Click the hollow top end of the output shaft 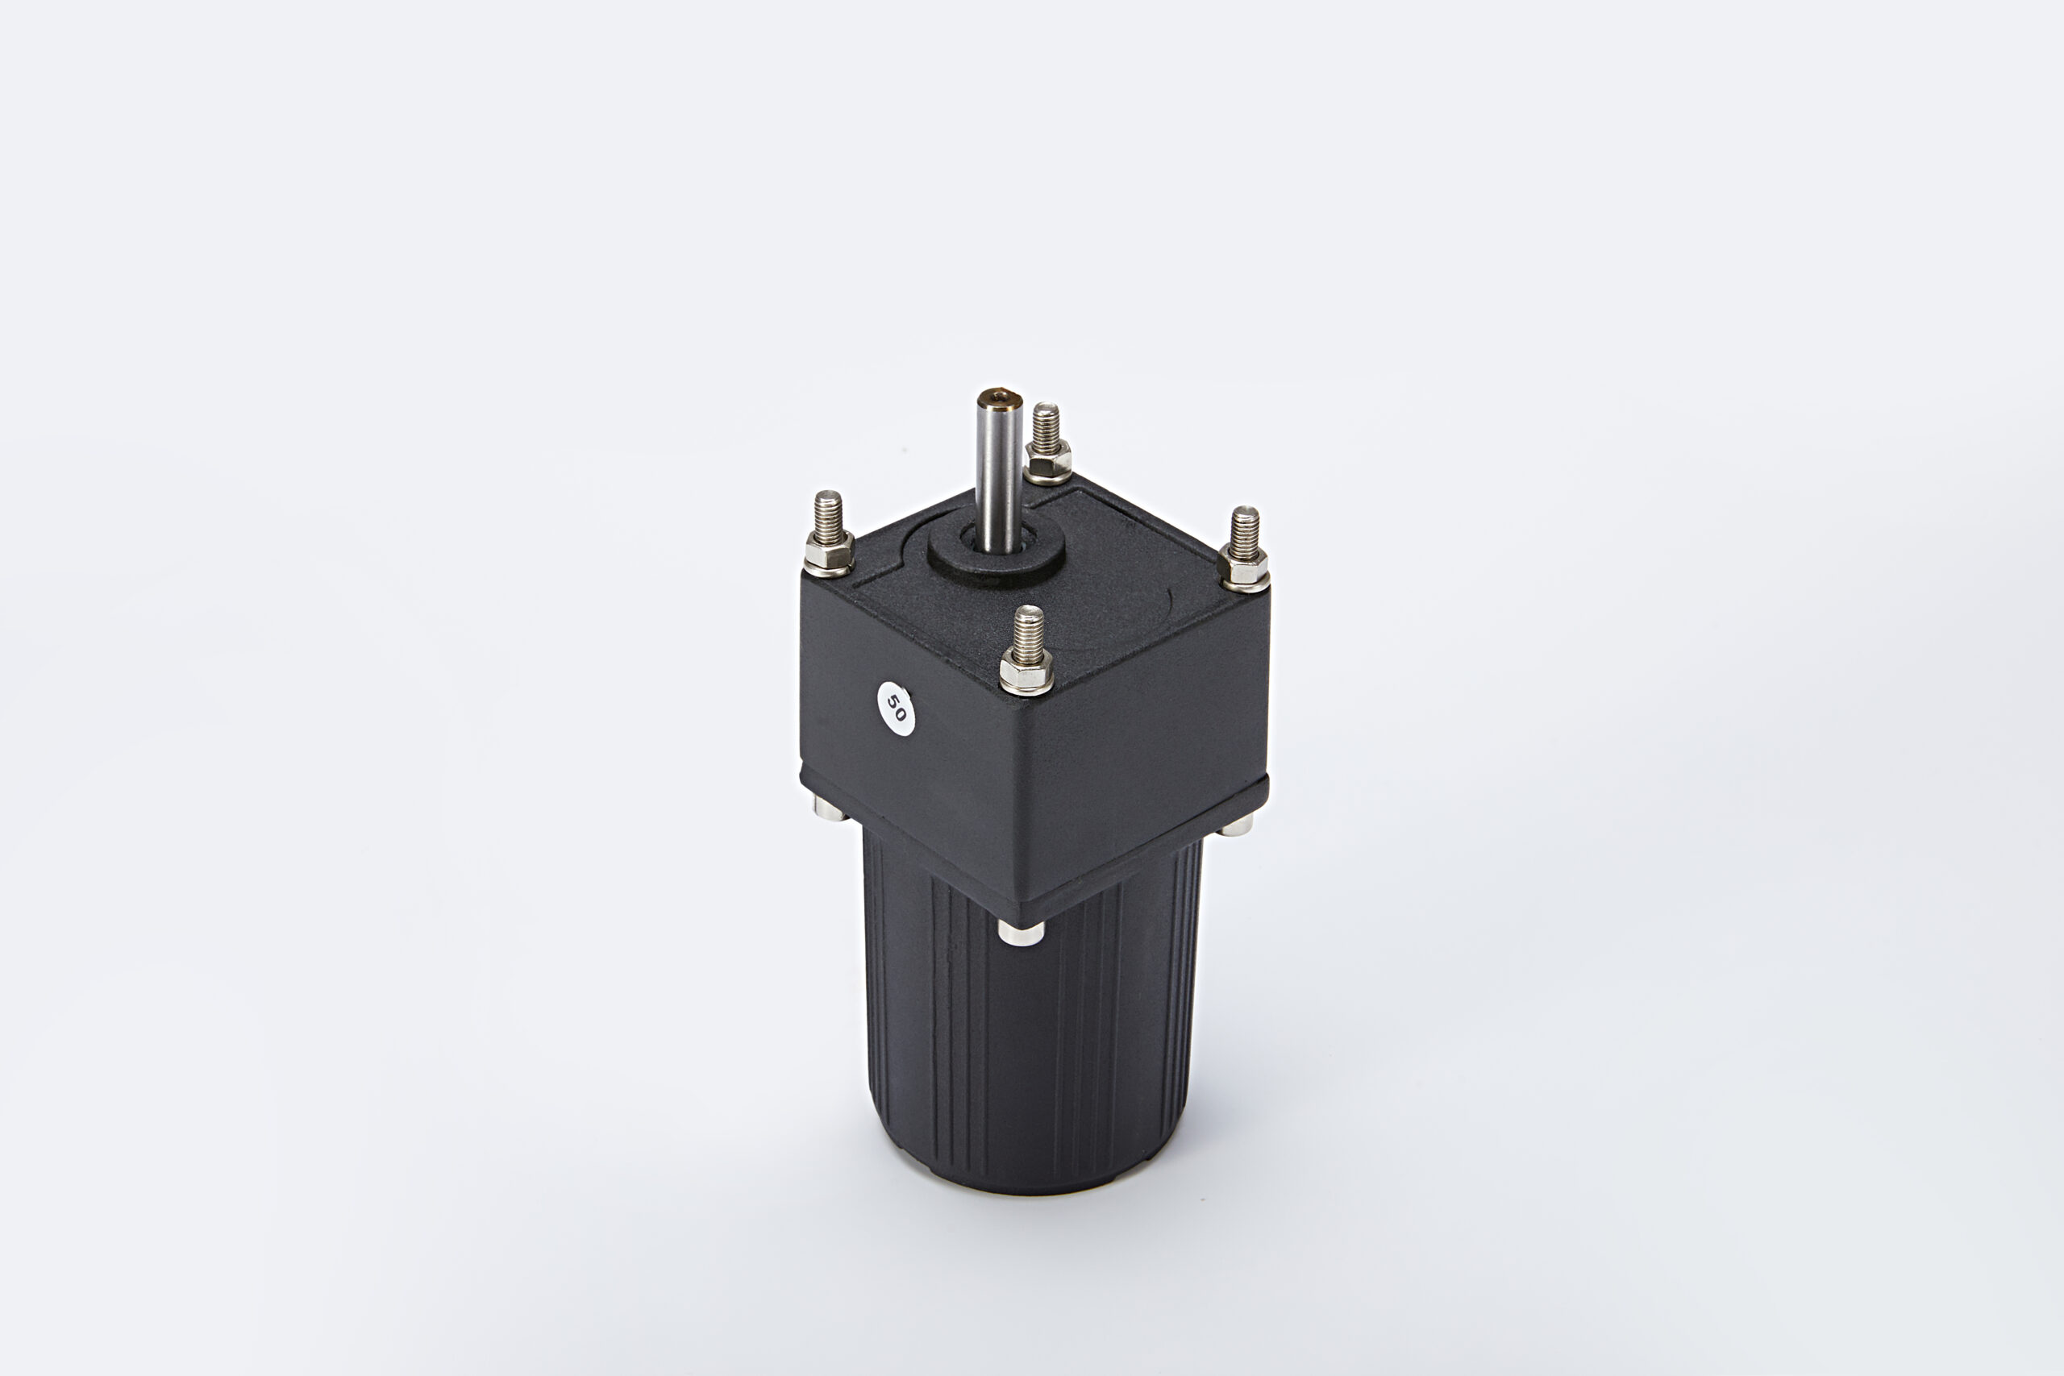tap(1000, 402)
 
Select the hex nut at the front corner tap(1026, 675)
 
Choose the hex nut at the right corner tap(1244, 572)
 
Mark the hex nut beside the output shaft tap(1048, 463)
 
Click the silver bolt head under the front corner tap(1021, 932)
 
